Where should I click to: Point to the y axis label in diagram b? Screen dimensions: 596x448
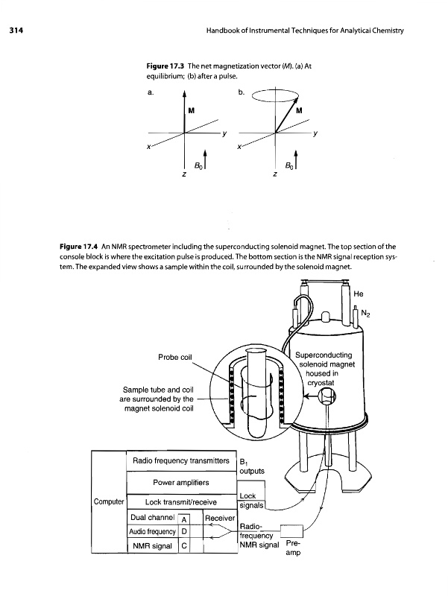[x=315, y=135]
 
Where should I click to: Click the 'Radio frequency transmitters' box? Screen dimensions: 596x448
[x=179, y=462]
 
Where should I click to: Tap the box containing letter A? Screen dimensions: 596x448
[x=184, y=520]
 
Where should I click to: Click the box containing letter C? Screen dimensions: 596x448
[x=184, y=546]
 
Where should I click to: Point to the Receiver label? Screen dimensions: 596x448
[x=219, y=519]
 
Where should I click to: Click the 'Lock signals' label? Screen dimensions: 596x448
[x=249, y=501]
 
